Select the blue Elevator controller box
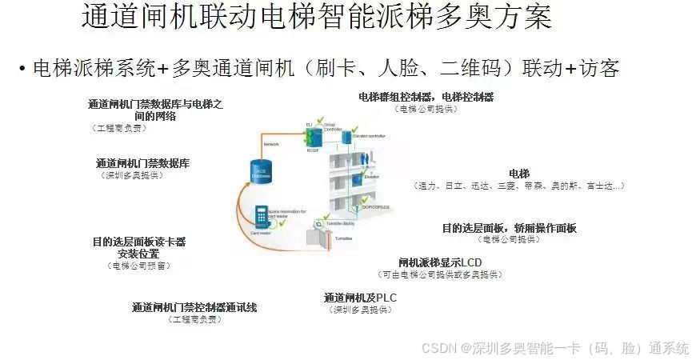(x=346, y=137)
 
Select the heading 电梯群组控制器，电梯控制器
(x=426, y=97)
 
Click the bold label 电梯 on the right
(x=519, y=173)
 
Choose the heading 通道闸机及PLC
(x=360, y=298)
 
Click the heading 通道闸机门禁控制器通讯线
(x=194, y=307)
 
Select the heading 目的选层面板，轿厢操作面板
(x=509, y=228)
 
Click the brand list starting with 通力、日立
(x=519, y=186)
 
